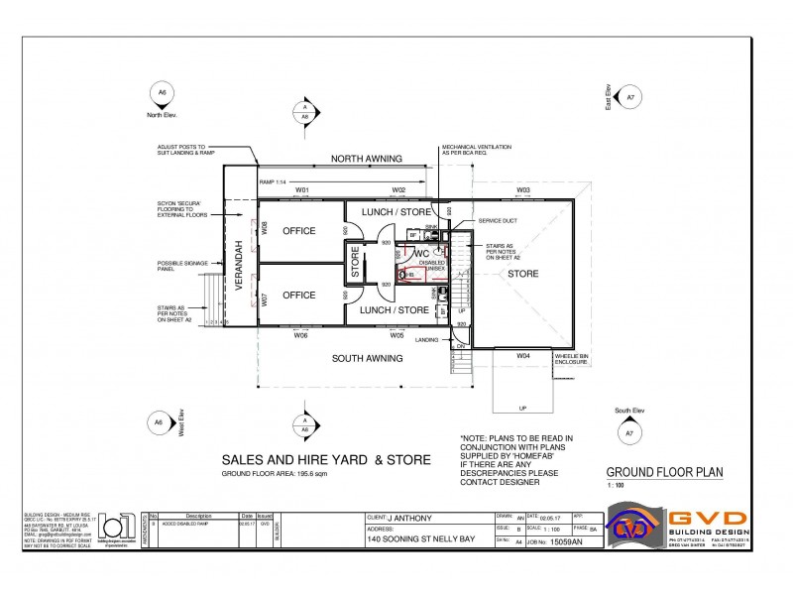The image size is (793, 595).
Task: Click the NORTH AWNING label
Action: pos(366,159)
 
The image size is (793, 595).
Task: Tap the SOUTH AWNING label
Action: pos(366,358)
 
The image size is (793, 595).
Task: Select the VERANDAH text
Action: pos(239,264)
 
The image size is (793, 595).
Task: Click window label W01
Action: pos(302,189)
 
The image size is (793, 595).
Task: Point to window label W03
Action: pos(522,189)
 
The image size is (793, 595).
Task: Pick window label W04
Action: pos(522,354)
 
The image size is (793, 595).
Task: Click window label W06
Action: pos(301,335)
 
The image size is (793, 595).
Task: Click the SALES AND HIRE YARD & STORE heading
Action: pos(325,460)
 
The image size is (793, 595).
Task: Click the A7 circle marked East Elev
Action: pos(629,97)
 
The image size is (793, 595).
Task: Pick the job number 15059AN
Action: pos(568,542)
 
